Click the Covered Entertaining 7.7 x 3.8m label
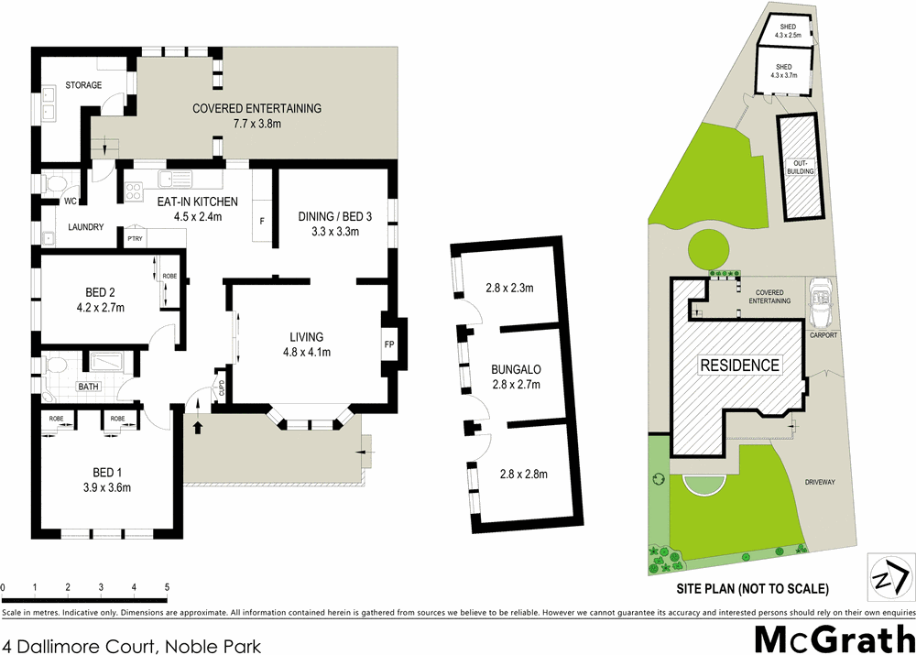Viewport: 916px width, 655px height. (x=256, y=115)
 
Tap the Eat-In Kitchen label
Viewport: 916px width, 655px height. (x=198, y=209)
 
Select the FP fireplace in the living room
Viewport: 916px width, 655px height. (x=388, y=345)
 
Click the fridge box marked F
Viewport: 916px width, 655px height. (x=262, y=221)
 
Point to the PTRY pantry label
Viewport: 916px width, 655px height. (x=135, y=239)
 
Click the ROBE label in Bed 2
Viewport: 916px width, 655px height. (x=169, y=276)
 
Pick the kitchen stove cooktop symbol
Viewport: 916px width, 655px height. (x=134, y=191)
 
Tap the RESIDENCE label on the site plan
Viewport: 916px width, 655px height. (x=740, y=365)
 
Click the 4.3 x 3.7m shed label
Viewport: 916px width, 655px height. (x=784, y=71)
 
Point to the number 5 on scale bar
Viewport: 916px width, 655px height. (x=167, y=586)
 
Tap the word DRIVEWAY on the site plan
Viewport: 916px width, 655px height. (x=823, y=482)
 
